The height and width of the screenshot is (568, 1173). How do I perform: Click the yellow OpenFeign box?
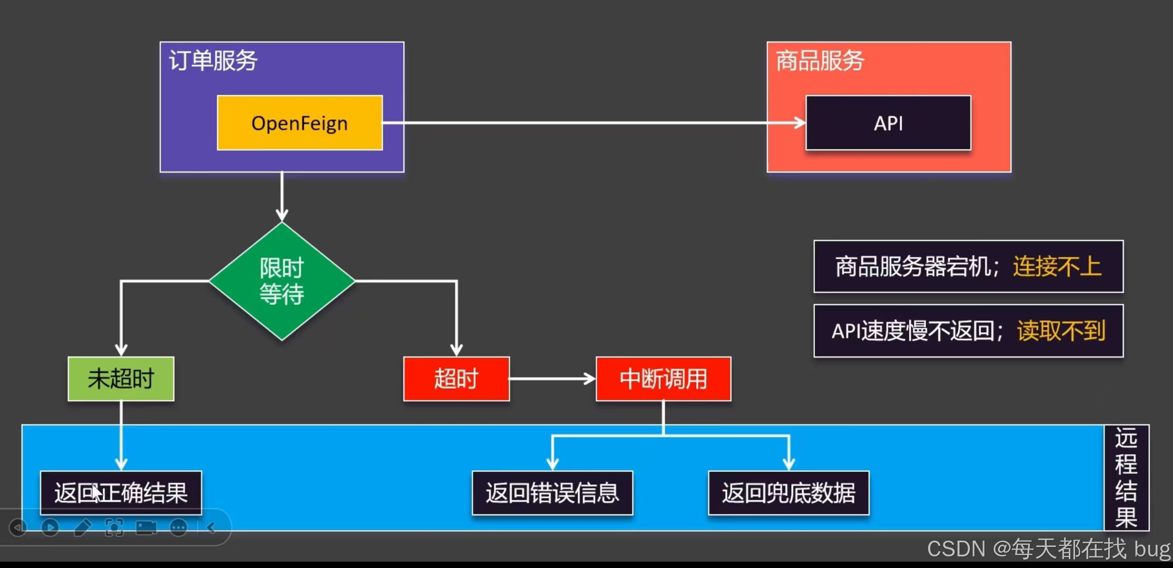coord(300,123)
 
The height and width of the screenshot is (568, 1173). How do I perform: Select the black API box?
coord(888,123)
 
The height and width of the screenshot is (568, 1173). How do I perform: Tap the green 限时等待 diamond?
coord(282,281)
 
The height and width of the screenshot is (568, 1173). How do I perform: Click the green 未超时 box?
coord(121,379)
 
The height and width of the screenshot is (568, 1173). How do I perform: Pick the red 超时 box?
coord(456,379)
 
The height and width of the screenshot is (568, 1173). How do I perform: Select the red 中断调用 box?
coord(663,379)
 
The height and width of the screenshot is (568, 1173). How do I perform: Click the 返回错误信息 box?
coord(552,493)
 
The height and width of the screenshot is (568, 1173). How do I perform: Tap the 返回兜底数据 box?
coord(788,493)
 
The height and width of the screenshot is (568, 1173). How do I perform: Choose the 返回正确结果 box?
coord(121,493)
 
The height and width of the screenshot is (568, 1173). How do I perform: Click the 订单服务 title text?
coord(213,60)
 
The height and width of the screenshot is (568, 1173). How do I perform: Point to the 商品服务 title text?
coord(820,60)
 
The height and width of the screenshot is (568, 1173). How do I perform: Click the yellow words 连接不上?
coord(1057,266)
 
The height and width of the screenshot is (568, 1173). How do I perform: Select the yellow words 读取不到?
coord(1061,331)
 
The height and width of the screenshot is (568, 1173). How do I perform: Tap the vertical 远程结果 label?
coord(1126,478)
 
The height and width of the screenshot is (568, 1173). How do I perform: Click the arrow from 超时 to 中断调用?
coord(552,379)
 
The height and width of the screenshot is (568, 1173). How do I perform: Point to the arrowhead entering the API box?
coord(800,123)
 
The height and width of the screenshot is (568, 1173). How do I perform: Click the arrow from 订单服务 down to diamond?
coord(282,197)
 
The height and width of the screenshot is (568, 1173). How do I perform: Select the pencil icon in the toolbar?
coord(83,527)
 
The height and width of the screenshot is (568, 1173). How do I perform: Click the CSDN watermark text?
coord(1048,549)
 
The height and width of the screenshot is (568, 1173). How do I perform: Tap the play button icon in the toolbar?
coord(50,527)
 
